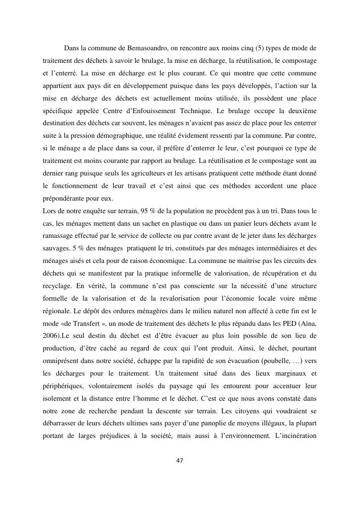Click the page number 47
coord(180,461)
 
